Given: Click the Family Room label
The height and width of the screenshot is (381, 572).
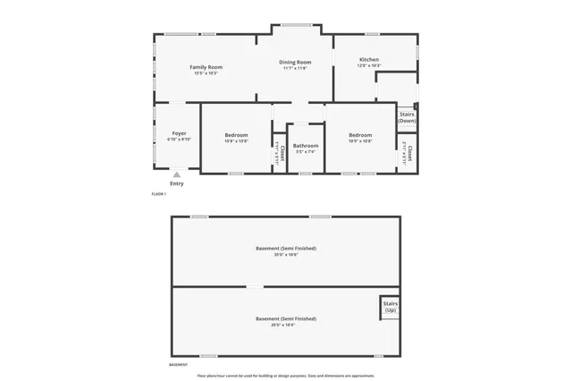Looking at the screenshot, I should [x=206, y=67].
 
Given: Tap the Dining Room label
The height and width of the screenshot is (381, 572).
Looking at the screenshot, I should [x=294, y=62].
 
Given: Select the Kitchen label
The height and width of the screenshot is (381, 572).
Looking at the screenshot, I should [x=369, y=59].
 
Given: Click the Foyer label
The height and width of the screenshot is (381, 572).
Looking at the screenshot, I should [x=179, y=133].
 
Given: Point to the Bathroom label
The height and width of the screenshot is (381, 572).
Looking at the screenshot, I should [x=306, y=145].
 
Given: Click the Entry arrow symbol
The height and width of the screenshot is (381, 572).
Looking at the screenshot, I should [x=177, y=175].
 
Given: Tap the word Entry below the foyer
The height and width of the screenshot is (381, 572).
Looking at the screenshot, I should [x=177, y=184].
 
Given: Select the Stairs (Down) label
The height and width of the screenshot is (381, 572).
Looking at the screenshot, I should [x=407, y=117].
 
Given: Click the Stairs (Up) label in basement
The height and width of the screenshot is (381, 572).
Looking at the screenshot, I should [x=391, y=307].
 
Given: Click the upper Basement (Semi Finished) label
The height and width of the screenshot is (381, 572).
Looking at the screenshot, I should [x=286, y=248].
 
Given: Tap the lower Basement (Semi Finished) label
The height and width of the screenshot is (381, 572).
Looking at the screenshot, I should [x=286, y=318].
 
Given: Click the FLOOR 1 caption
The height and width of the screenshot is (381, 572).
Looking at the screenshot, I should [x=159, y=194].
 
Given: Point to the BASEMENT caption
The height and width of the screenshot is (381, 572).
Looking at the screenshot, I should [x=178, y=365].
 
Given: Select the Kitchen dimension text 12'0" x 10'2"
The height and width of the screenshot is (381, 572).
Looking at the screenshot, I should [x=369, y=65].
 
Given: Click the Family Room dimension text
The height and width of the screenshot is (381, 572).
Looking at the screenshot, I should [x=206, y=73].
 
